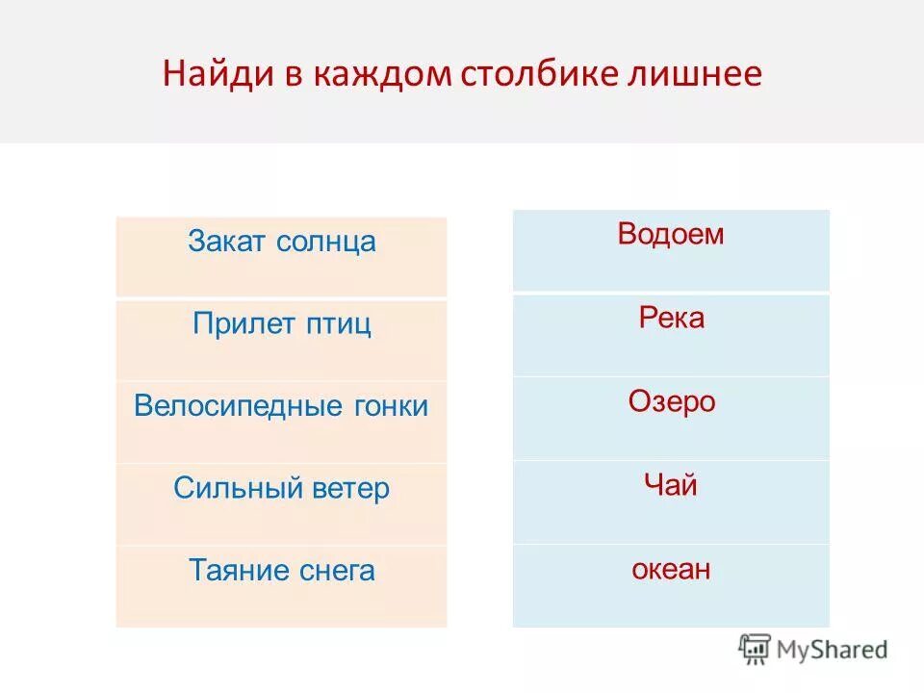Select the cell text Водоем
coord(670,235)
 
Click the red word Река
coord(671,318)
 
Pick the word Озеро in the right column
coord(671,401)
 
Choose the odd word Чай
coord(670,485)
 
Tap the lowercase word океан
coord(671,569)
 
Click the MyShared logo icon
coord(756,650)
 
